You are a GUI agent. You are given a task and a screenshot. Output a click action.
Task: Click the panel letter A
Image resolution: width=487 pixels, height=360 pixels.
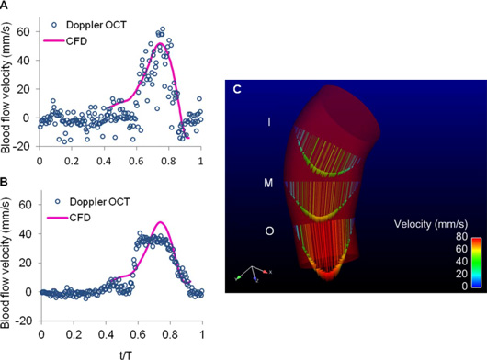pyautogui.click(x=6, y=6)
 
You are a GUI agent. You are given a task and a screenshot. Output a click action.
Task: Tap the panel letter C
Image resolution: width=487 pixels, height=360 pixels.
pyautogui.click(x=238, y=89)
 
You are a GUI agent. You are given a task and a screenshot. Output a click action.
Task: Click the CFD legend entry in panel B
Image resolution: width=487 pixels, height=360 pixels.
pyautogui.click(x=82, y=217)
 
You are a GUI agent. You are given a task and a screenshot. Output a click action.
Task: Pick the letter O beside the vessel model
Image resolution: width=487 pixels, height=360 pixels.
pyautogui.click(x=268, y=231)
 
